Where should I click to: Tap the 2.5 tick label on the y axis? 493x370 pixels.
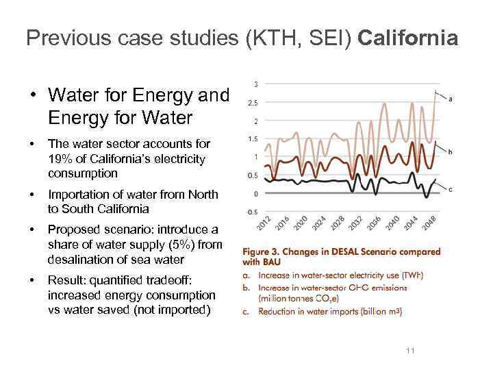point(253,103)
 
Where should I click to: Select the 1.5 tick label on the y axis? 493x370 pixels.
point(253,139)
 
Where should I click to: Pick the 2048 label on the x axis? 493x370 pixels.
point(429,223)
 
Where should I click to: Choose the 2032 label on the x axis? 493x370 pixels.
point(355,223)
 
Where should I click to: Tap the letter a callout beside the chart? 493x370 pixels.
point(451,99)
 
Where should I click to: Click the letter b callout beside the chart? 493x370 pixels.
point(450,151)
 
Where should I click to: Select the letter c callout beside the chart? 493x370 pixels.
point(450,189)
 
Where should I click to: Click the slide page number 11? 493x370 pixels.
point(410,351)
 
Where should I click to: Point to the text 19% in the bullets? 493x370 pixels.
point(60,159)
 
